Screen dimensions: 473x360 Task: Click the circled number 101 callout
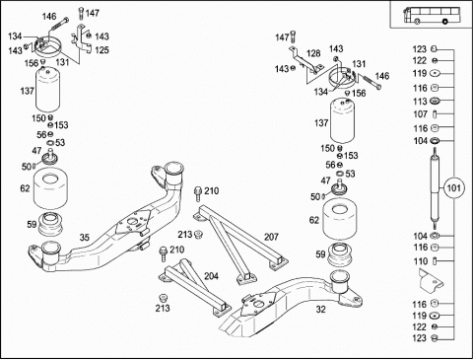point(454,188)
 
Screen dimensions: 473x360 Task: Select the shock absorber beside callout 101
point(435,188)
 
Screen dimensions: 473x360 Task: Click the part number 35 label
point(85,238)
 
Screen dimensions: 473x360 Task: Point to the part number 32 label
point(320,310)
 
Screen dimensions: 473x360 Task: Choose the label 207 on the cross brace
point(271,237)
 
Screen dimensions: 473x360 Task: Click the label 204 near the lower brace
point(211,276)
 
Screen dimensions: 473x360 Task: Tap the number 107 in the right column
point(420,114)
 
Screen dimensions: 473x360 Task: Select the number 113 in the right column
point(420,102)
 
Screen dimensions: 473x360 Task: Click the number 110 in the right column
point(421,261)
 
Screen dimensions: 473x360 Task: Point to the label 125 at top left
point(101,50)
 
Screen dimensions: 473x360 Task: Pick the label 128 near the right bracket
point(313,53)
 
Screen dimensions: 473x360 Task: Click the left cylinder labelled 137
point(47,89)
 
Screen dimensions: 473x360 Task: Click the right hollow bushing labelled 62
point(340,219)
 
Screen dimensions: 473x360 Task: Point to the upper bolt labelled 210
point(198,194)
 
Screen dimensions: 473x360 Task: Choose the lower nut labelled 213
point(162,298)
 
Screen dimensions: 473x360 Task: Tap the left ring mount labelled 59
point(50,224)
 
